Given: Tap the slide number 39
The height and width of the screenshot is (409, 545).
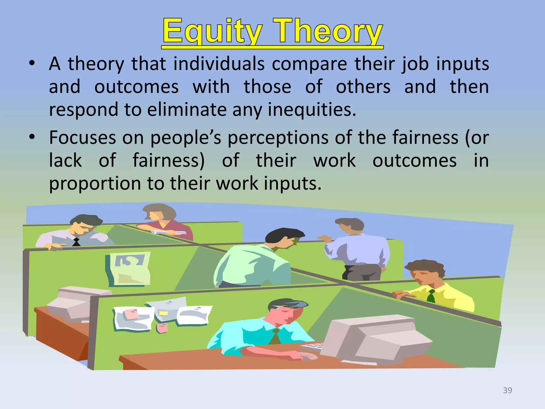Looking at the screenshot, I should [507, 390].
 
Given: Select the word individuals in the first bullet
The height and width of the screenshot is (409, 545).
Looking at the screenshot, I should [219, 64].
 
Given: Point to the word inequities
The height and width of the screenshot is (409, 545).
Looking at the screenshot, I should [312, 110].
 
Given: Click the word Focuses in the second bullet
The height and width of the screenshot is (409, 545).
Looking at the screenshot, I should [83, 138].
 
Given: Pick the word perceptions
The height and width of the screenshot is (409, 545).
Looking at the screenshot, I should [278, 138].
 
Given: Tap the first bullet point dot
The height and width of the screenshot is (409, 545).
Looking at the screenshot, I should [32, 64].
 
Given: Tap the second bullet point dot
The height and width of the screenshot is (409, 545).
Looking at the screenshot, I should [32, 137].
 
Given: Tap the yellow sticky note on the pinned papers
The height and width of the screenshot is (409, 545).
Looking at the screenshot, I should [163, 313].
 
